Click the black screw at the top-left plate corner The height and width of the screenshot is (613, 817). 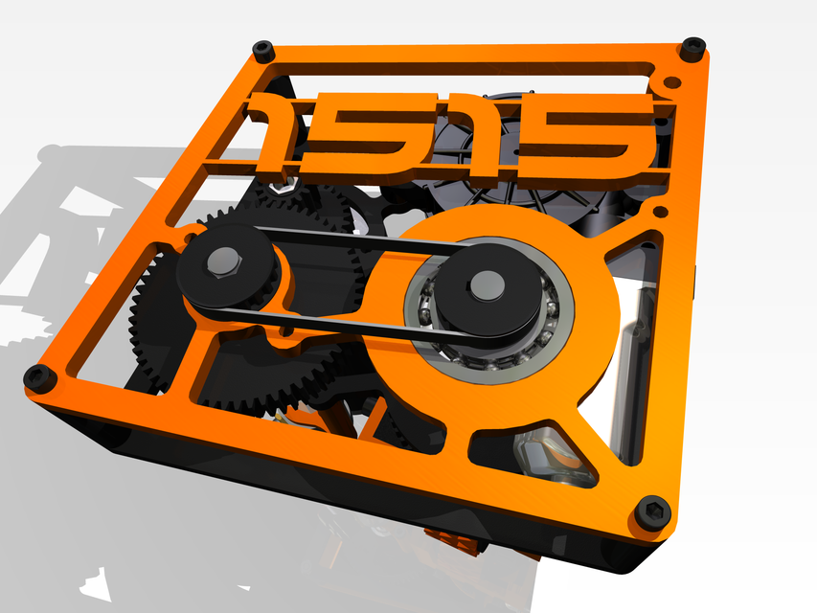coord(261,48)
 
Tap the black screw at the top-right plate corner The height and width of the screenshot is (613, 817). coord(692,44)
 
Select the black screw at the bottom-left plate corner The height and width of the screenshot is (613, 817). coord(37,377)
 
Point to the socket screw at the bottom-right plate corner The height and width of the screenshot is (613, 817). coord(651,512)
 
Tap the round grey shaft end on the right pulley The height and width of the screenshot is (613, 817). coord(487,284)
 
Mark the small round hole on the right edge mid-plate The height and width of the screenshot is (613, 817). coord(659,209)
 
